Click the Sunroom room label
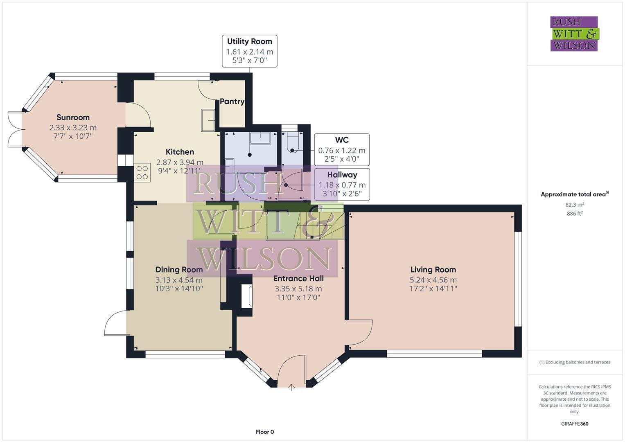[x=73, y=117]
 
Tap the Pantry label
[x=232, y=101]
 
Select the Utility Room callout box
[x=250, y=51]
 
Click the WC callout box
[x=342, y=150]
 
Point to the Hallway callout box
[x=342, y=184]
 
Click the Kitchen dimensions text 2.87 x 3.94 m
[x=180, y=162]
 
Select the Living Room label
[x=433, y=270]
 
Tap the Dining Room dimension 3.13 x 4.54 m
[x=179, y=280]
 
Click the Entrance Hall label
[x=298, y=278]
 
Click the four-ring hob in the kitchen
[x=142, y=172]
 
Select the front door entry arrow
[x=292, y=387]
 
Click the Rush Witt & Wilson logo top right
[x=574, y=34]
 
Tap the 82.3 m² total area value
[x=575, y=205]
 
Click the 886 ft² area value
[x=575, y=214]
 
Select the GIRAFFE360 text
[x=575, y=424]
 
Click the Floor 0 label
[x=265, y=432]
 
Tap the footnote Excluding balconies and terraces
[x=575, y=362]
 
